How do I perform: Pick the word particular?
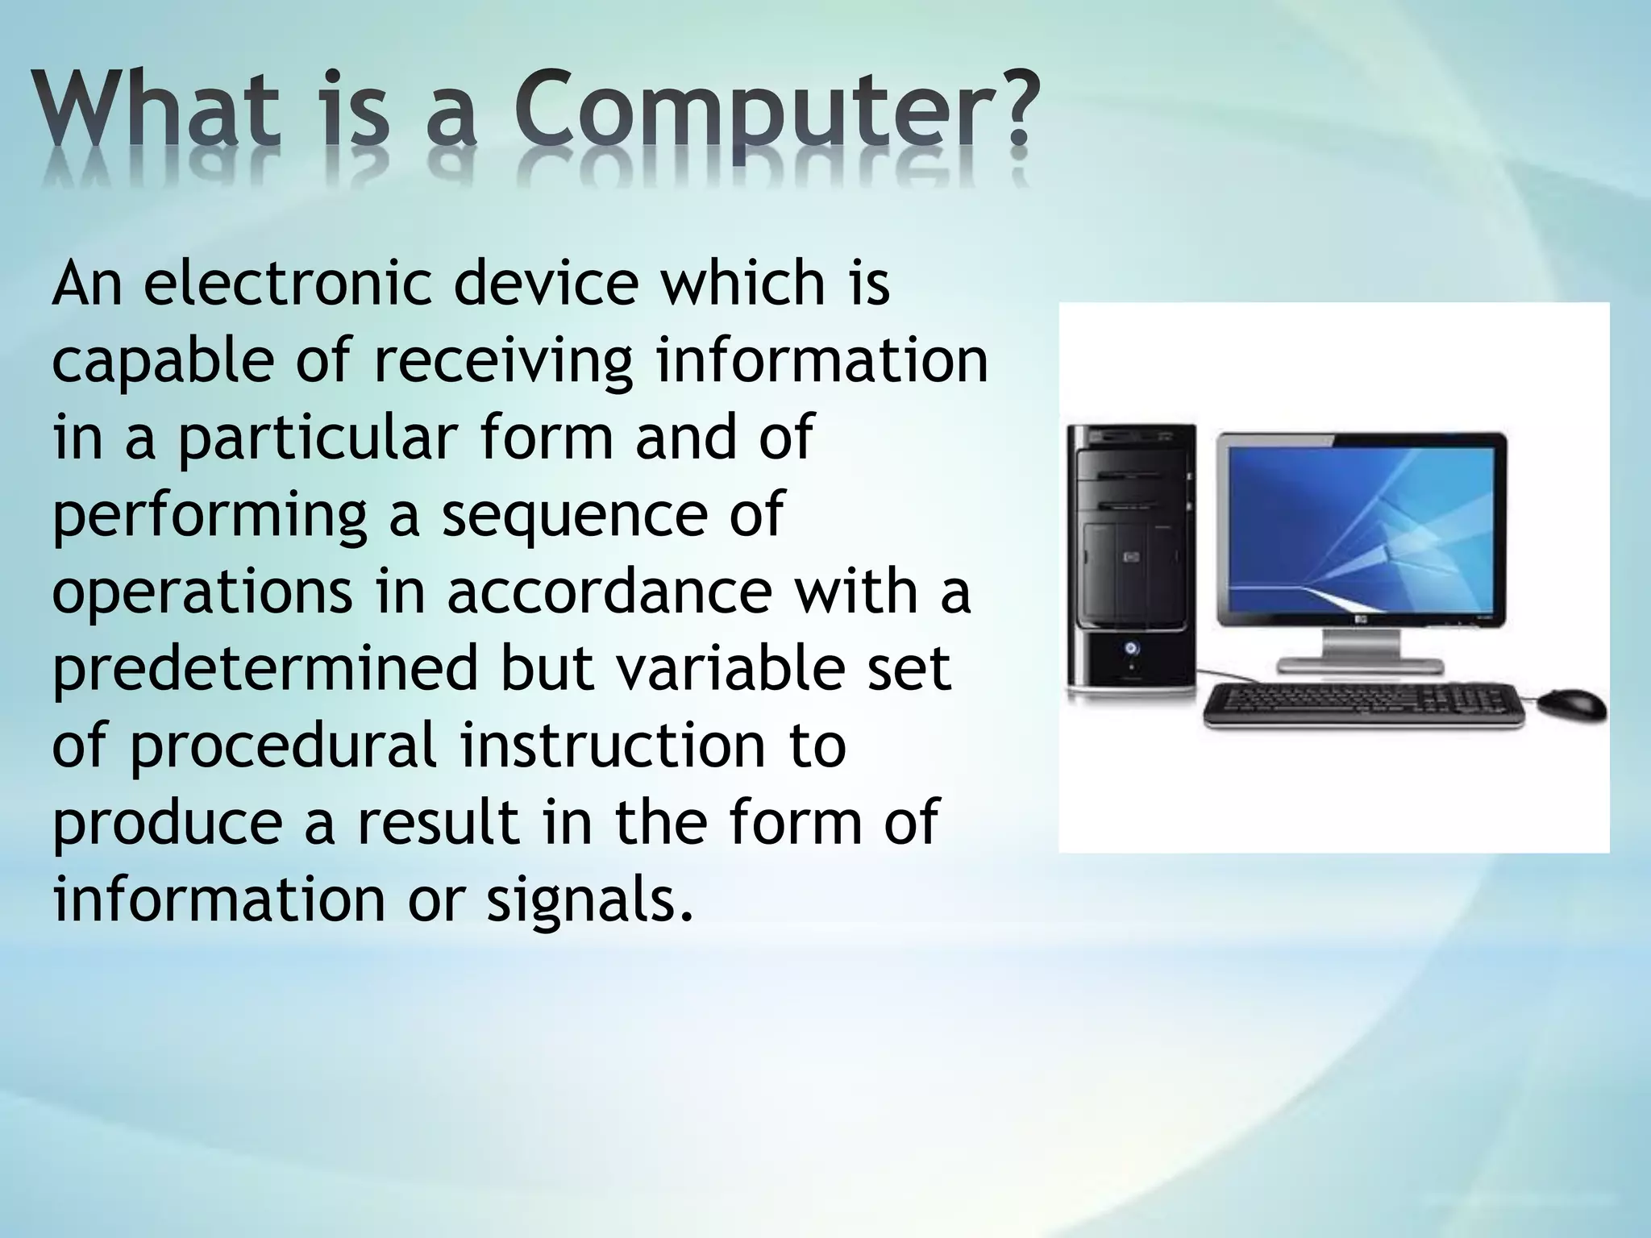coord(318,438)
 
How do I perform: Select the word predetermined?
coord(266,669)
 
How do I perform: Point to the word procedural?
coord(283,746)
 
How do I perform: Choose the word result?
coord(439,823)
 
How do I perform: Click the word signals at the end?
coord(588,900)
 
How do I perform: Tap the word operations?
coord(202,592)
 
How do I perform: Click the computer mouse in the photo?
coord(1571,706)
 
